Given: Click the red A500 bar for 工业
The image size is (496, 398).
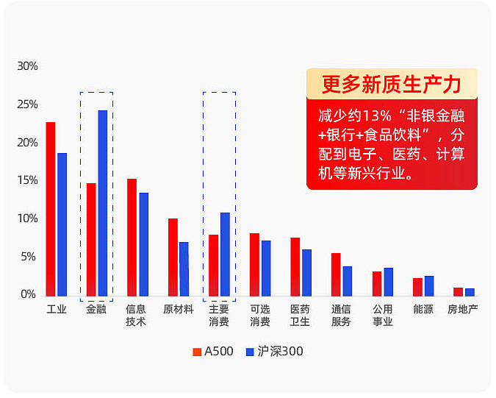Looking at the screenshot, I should click(x=51, y=209).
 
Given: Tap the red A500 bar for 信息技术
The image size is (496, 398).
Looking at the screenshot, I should click(x=132, y=237).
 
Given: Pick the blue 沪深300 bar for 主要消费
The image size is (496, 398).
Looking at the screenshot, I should click(x=225, y=254).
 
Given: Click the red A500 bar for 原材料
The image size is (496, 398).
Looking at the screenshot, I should click(x=173, y=257).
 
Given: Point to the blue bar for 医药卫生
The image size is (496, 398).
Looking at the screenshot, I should click(x=306, y=272).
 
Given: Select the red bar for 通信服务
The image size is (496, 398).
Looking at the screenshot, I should click(x=336, y=274).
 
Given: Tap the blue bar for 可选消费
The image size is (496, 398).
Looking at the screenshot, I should click(x=266, y=268).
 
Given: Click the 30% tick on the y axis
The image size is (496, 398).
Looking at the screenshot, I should click(x=27, y=66).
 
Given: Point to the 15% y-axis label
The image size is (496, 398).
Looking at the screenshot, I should click(x=27, y=180).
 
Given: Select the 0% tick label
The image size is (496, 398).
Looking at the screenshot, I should click(x=29, y=294).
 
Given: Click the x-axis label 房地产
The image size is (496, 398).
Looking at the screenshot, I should click(x=463, y=309).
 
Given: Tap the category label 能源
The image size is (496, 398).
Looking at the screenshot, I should click(x=423, y=309).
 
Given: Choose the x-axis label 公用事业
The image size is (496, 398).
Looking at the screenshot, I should click(x=382, y=315).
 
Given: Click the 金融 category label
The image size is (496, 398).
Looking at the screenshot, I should click(x=96, y=309).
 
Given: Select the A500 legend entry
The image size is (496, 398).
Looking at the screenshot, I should click(x=213, y=352).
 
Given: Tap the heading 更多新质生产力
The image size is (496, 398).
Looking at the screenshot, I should click(x=392, y=85).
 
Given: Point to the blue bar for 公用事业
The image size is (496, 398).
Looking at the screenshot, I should click(x=388, y=281).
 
